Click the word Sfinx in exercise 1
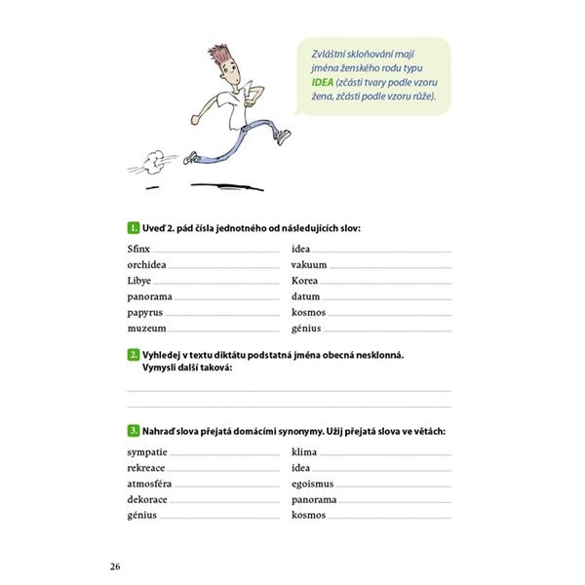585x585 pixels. point(137,249)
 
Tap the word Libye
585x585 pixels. point(139,280)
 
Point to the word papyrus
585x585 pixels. point(145,312)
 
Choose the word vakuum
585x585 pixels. point(309,264)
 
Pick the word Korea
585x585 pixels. point(305,280)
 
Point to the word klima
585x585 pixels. point(305,452)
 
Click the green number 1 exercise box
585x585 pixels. point(134,227)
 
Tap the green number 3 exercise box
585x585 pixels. point(134,430)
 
